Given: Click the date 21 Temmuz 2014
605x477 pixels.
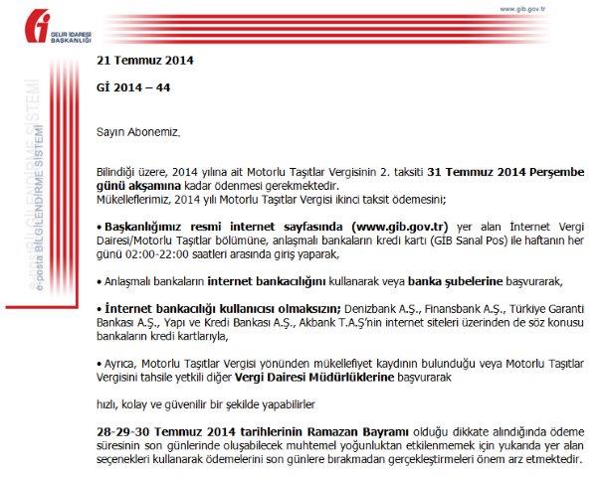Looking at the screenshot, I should pyautogui.click(x=145, y=60).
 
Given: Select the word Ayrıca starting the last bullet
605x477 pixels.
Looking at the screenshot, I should pyautogui.click(x=118, y=365).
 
